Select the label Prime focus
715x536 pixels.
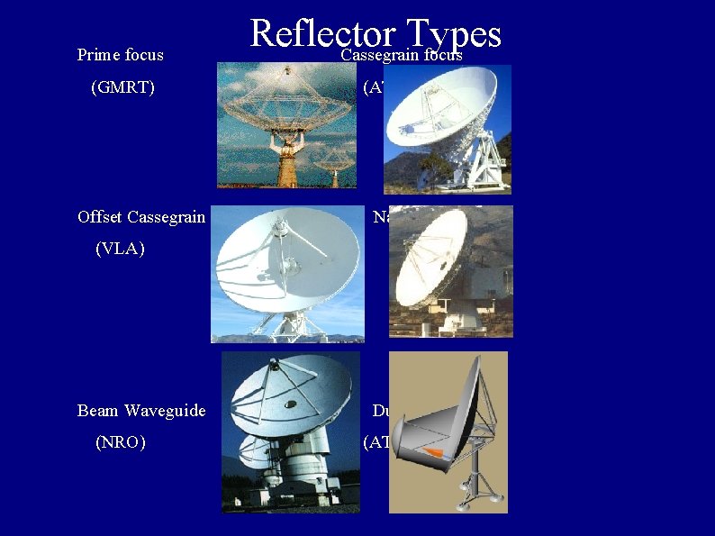pos(121,55)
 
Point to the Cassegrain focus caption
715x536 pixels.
pos(401,56)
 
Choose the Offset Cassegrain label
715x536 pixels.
pos(141,217)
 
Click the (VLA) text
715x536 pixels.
pos(120,250)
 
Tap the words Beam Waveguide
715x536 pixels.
pos(141,411)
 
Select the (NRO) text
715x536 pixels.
pos(121,443)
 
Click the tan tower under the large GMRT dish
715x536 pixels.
pos(288,162)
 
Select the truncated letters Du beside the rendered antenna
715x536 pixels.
pos(381,411)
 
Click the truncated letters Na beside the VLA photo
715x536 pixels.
pos(381,217)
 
